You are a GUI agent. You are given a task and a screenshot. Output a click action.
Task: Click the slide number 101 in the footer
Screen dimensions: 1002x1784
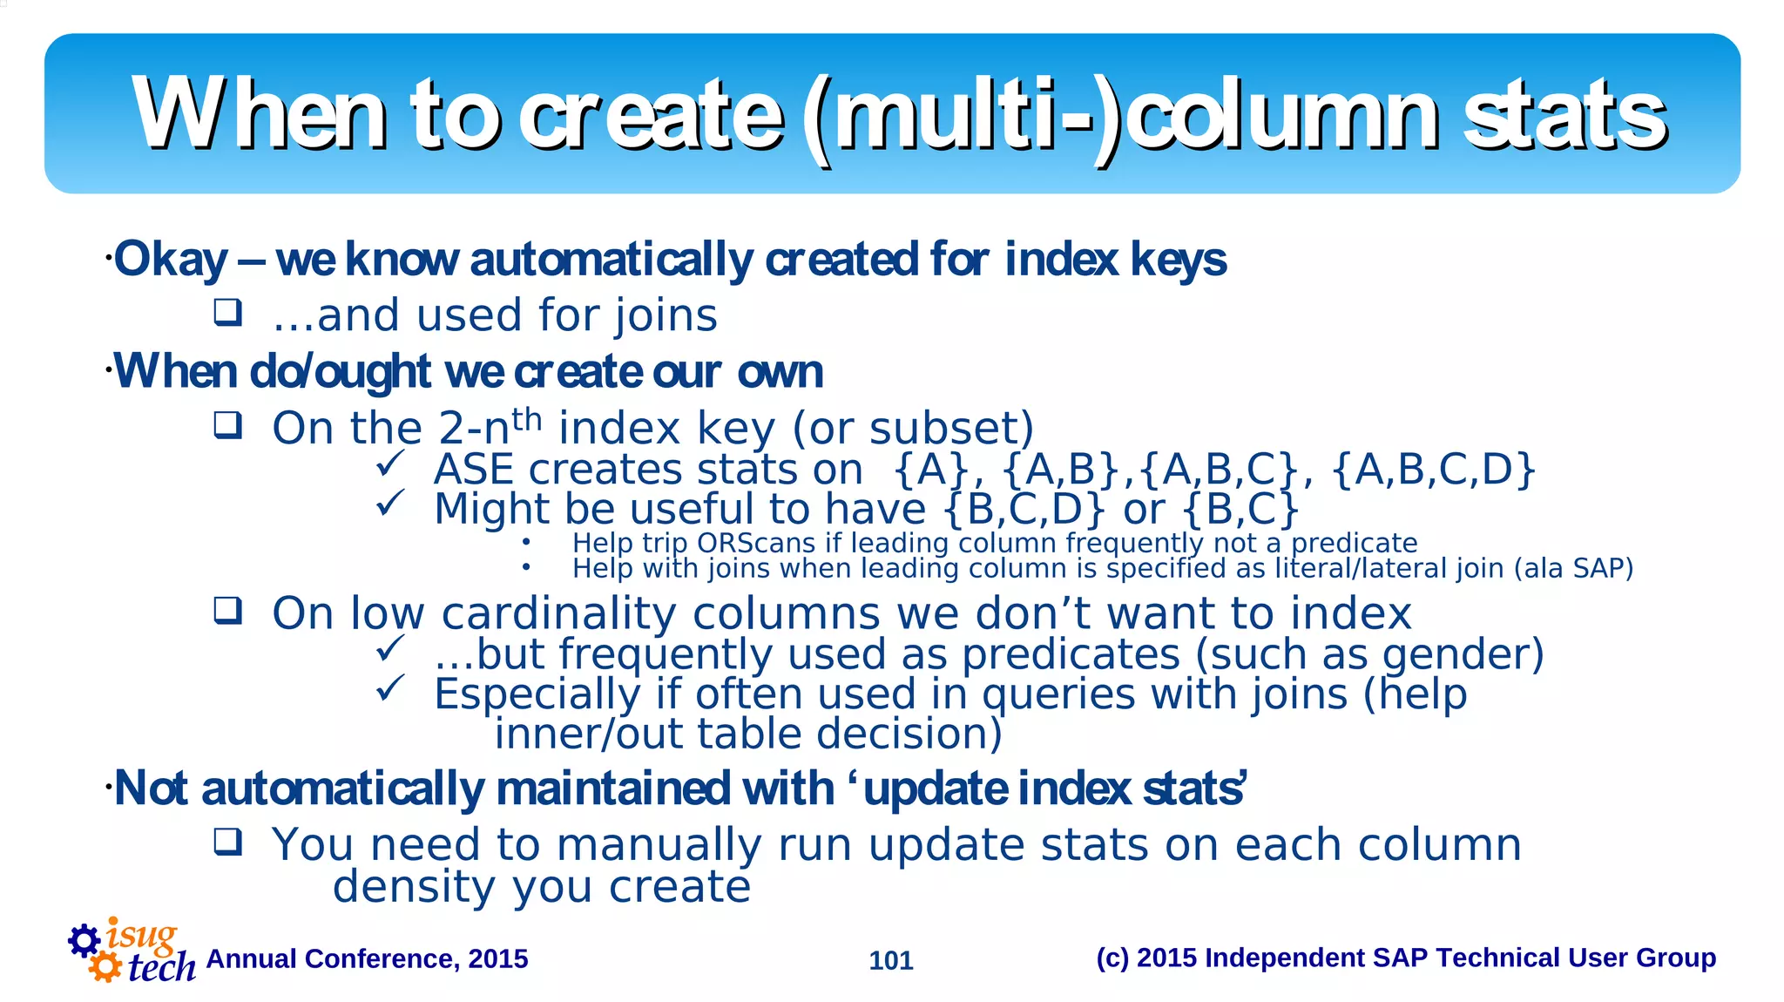891,960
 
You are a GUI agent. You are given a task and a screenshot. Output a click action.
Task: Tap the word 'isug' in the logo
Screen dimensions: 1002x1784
141,935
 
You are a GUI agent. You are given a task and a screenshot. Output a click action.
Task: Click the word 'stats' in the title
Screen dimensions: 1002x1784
1564,116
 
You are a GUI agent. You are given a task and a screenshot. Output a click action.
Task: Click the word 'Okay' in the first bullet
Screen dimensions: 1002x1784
172,260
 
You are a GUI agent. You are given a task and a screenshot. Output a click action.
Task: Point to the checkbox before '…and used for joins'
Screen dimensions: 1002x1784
228,313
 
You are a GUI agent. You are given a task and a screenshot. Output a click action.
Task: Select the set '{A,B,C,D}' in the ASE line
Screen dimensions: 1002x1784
1433,470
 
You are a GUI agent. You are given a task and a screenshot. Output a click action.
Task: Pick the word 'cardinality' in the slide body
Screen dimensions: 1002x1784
558,613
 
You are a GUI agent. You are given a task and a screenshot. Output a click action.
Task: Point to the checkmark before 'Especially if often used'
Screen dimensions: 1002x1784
389,688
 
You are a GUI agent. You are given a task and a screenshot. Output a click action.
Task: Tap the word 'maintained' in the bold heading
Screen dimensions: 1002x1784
613,789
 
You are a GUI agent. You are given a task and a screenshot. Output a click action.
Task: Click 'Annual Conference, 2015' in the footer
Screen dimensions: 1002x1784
367,958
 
